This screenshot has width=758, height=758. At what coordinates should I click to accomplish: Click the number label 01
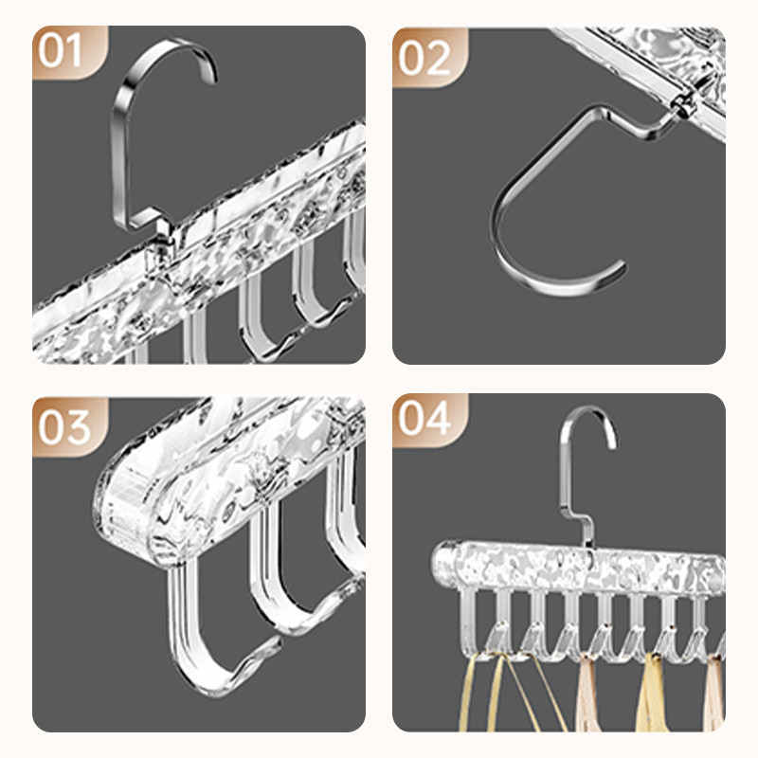(60, 51)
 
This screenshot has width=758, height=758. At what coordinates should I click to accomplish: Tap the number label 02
(424, 59)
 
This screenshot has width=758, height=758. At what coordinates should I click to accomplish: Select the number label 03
(64, 428)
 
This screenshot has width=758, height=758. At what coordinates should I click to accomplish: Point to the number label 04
(424, 418)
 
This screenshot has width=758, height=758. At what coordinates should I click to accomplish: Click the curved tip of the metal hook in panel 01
(211, 74)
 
